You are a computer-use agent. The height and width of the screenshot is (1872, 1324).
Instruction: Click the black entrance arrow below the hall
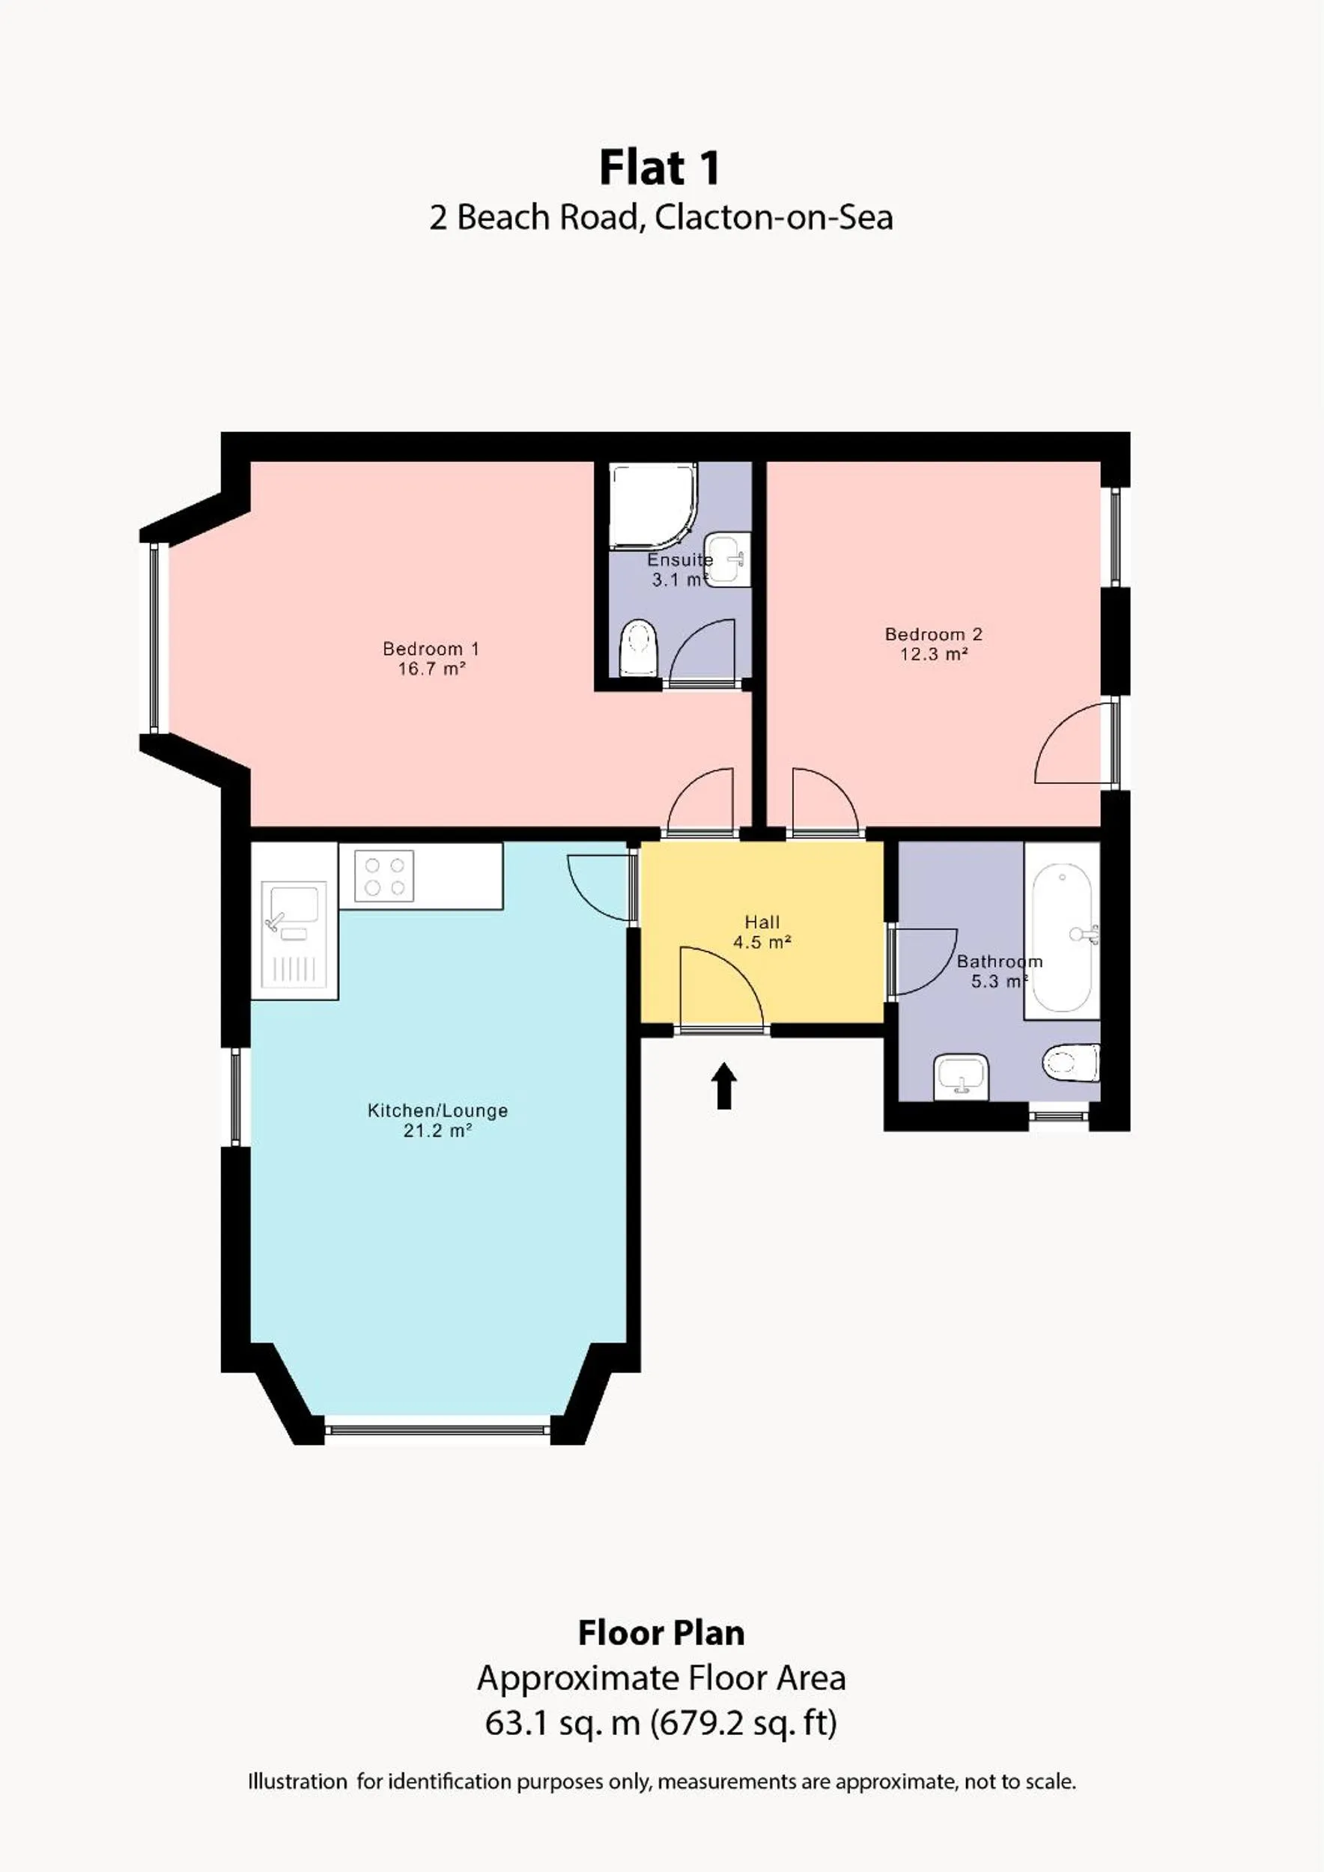(x=724, y=1086)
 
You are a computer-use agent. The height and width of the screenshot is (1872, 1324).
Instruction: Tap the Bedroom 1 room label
(x=431, y=659)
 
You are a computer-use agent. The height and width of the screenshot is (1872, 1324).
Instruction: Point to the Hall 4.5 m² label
(x=762, y=932)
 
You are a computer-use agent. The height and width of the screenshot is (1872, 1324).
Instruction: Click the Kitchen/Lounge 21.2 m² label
(x=438, y=1120)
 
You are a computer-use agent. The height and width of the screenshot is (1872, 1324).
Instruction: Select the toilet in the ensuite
(x=637, y=648)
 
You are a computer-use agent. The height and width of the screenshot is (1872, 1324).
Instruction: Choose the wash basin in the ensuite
(x=726, y=559)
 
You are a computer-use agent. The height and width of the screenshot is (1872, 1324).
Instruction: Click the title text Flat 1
(x=661, y=168)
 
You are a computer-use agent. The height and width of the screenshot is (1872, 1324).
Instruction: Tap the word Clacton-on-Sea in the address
(x=774, y=218)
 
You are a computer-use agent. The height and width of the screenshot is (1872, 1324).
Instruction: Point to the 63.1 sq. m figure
(x=562, y=1723)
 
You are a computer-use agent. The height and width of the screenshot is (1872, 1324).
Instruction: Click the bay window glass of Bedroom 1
(x=154, y=639)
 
